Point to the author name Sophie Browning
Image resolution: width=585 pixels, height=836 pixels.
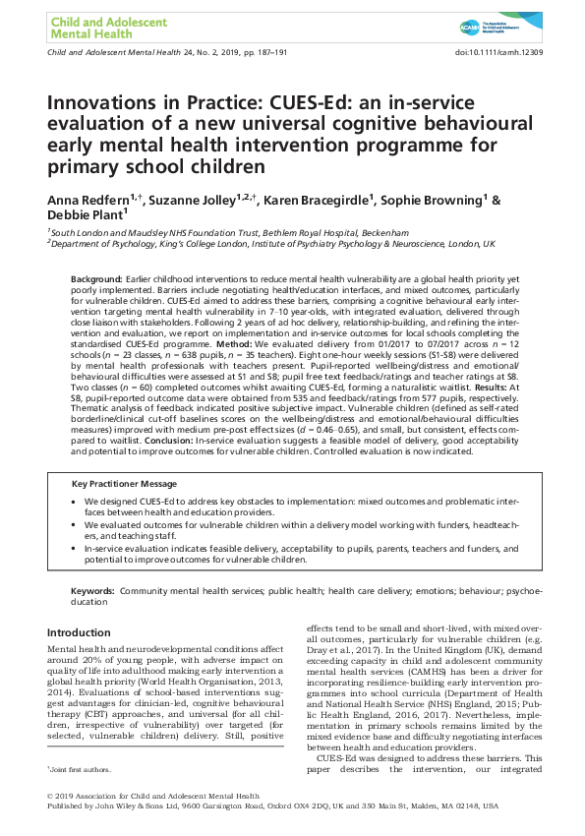click(436, 202)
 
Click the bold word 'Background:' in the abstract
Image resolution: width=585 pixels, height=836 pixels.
click(97, 281)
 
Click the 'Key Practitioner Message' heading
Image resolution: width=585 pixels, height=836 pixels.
click(132, 483)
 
